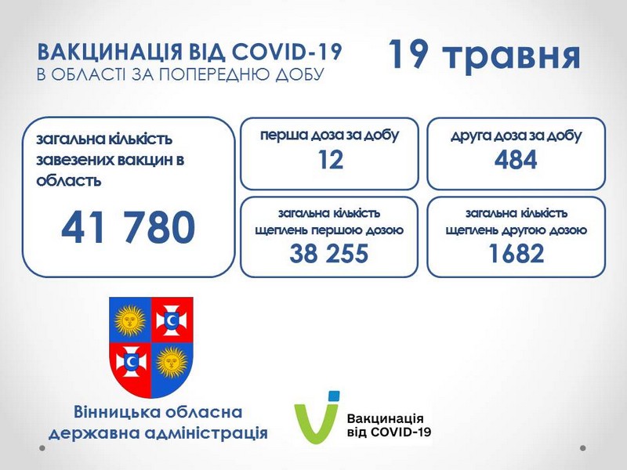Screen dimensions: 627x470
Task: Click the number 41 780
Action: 128,227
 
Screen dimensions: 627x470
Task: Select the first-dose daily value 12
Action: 330,160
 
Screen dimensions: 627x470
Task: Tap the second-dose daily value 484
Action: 516,160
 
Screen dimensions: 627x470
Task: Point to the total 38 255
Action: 328,253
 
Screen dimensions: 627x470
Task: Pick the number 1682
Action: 516,253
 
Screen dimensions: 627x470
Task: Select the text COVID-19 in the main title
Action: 287,52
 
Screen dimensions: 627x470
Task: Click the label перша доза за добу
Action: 330,136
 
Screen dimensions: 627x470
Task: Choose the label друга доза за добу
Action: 516,136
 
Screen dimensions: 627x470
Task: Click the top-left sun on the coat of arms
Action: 130,320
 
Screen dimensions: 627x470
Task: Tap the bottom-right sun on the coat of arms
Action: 172,363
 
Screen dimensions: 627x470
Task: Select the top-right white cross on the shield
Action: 172,320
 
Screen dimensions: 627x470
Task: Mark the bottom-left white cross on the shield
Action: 131,362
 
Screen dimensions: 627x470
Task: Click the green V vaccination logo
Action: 317,417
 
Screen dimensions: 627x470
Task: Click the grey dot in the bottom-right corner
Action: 583,448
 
